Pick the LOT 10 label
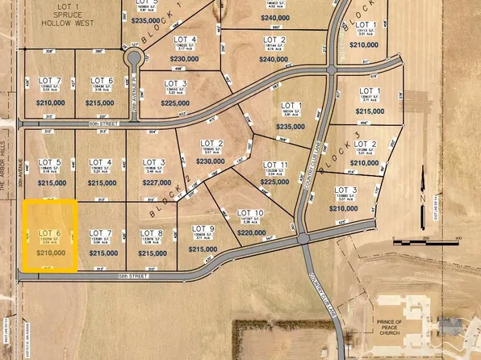pos(250,213)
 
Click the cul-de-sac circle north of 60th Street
pos(133,58)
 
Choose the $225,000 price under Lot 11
pos(274,182)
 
